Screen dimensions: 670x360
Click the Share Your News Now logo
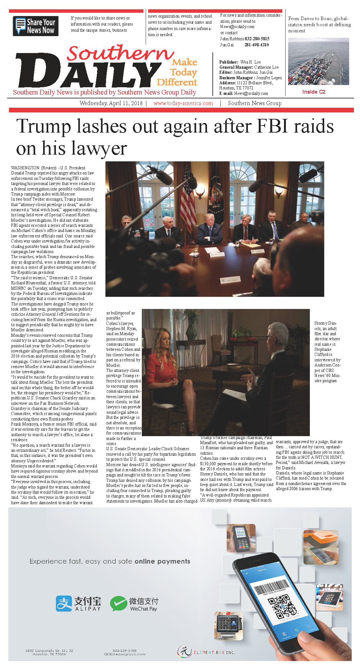35,26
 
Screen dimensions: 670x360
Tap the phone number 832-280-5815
257,39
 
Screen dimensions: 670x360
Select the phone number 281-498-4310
257,45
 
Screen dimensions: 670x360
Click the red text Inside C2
314,92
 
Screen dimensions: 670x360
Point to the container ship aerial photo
318,61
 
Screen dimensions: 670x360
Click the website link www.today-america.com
183,103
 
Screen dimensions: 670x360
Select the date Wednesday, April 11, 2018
111,103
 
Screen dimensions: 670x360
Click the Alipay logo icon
64,604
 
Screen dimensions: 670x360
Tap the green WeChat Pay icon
118,604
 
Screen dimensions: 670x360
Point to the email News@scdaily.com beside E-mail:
251,93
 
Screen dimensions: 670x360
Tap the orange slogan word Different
177,82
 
